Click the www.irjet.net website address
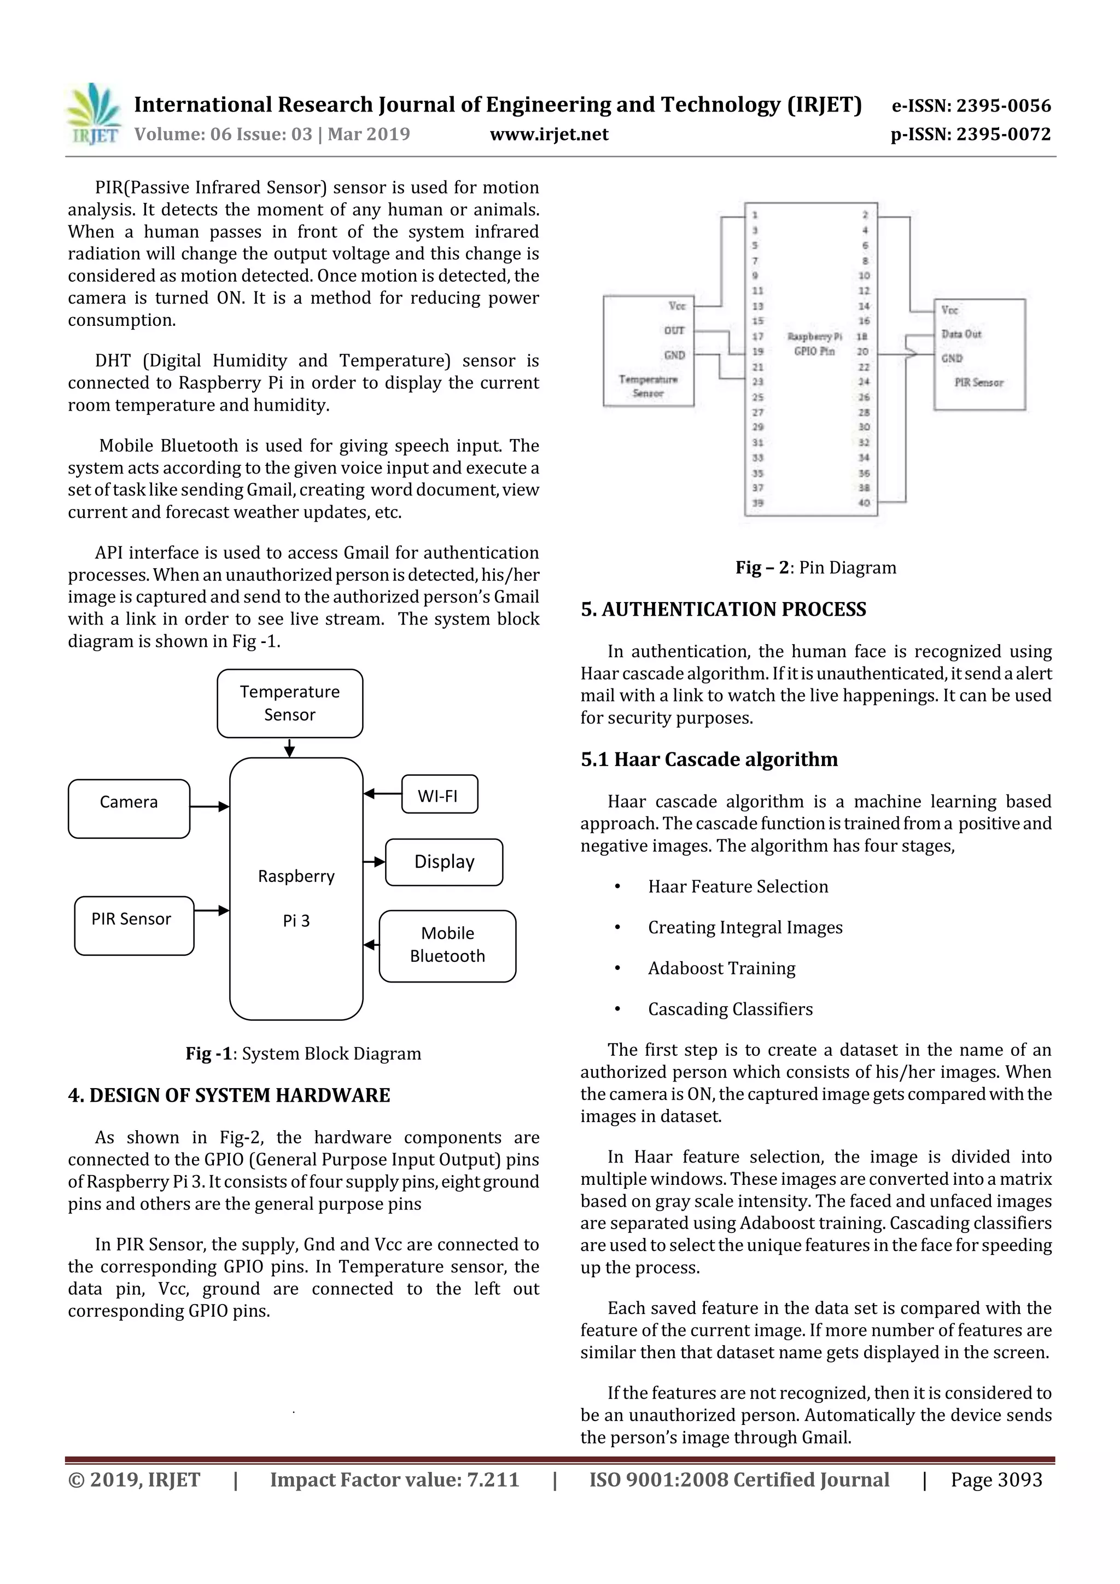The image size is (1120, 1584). (549, 135)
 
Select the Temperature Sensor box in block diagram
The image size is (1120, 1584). (289, 703)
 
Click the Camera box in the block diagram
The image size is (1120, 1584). (129, 808)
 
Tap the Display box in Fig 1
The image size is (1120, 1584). (444, 862)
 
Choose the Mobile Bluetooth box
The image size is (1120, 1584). (447, 945)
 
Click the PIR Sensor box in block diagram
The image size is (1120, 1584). (133, 925)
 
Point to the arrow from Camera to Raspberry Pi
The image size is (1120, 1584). (209, 806)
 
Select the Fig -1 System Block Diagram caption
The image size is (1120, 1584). (303, 1054)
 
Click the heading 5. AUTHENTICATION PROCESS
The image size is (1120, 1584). (723, 609)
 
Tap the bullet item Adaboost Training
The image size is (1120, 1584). (721, 968)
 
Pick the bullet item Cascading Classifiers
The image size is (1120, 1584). (730, 1009)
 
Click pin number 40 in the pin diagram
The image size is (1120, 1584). (864, 502)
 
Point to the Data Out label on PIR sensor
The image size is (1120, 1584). (961, 334)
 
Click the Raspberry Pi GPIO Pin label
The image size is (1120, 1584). (814, 343)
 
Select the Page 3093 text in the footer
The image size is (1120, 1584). (996, 1480)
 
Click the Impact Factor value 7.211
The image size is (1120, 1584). (394, 1480)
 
